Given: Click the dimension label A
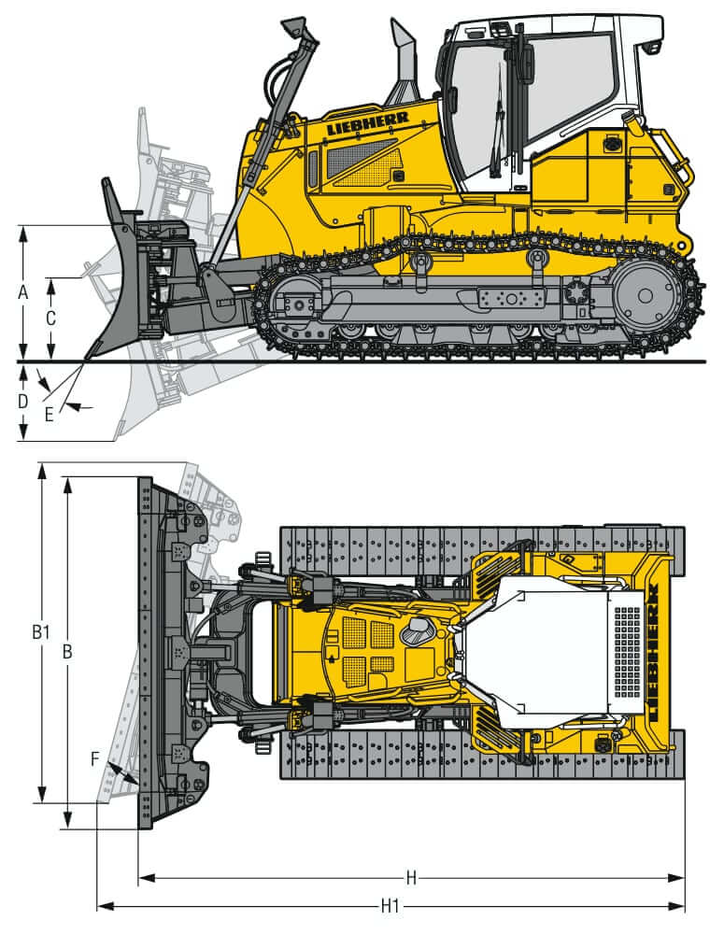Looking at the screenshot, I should (x=23, y=292).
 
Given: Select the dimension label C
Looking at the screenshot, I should (x=50, y=318).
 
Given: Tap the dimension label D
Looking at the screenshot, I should (x=23, y=402).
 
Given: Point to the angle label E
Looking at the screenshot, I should (x=50, y=414).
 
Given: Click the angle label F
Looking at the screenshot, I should (x=95, y=758).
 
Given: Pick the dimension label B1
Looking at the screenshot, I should (x=39, y=632).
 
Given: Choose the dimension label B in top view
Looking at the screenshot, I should (x=67, y=653).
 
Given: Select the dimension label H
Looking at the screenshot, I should (x=411, y=877).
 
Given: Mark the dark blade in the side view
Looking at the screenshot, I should (x=117, y=280).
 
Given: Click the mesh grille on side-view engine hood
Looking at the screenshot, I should (x=360, y=161).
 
